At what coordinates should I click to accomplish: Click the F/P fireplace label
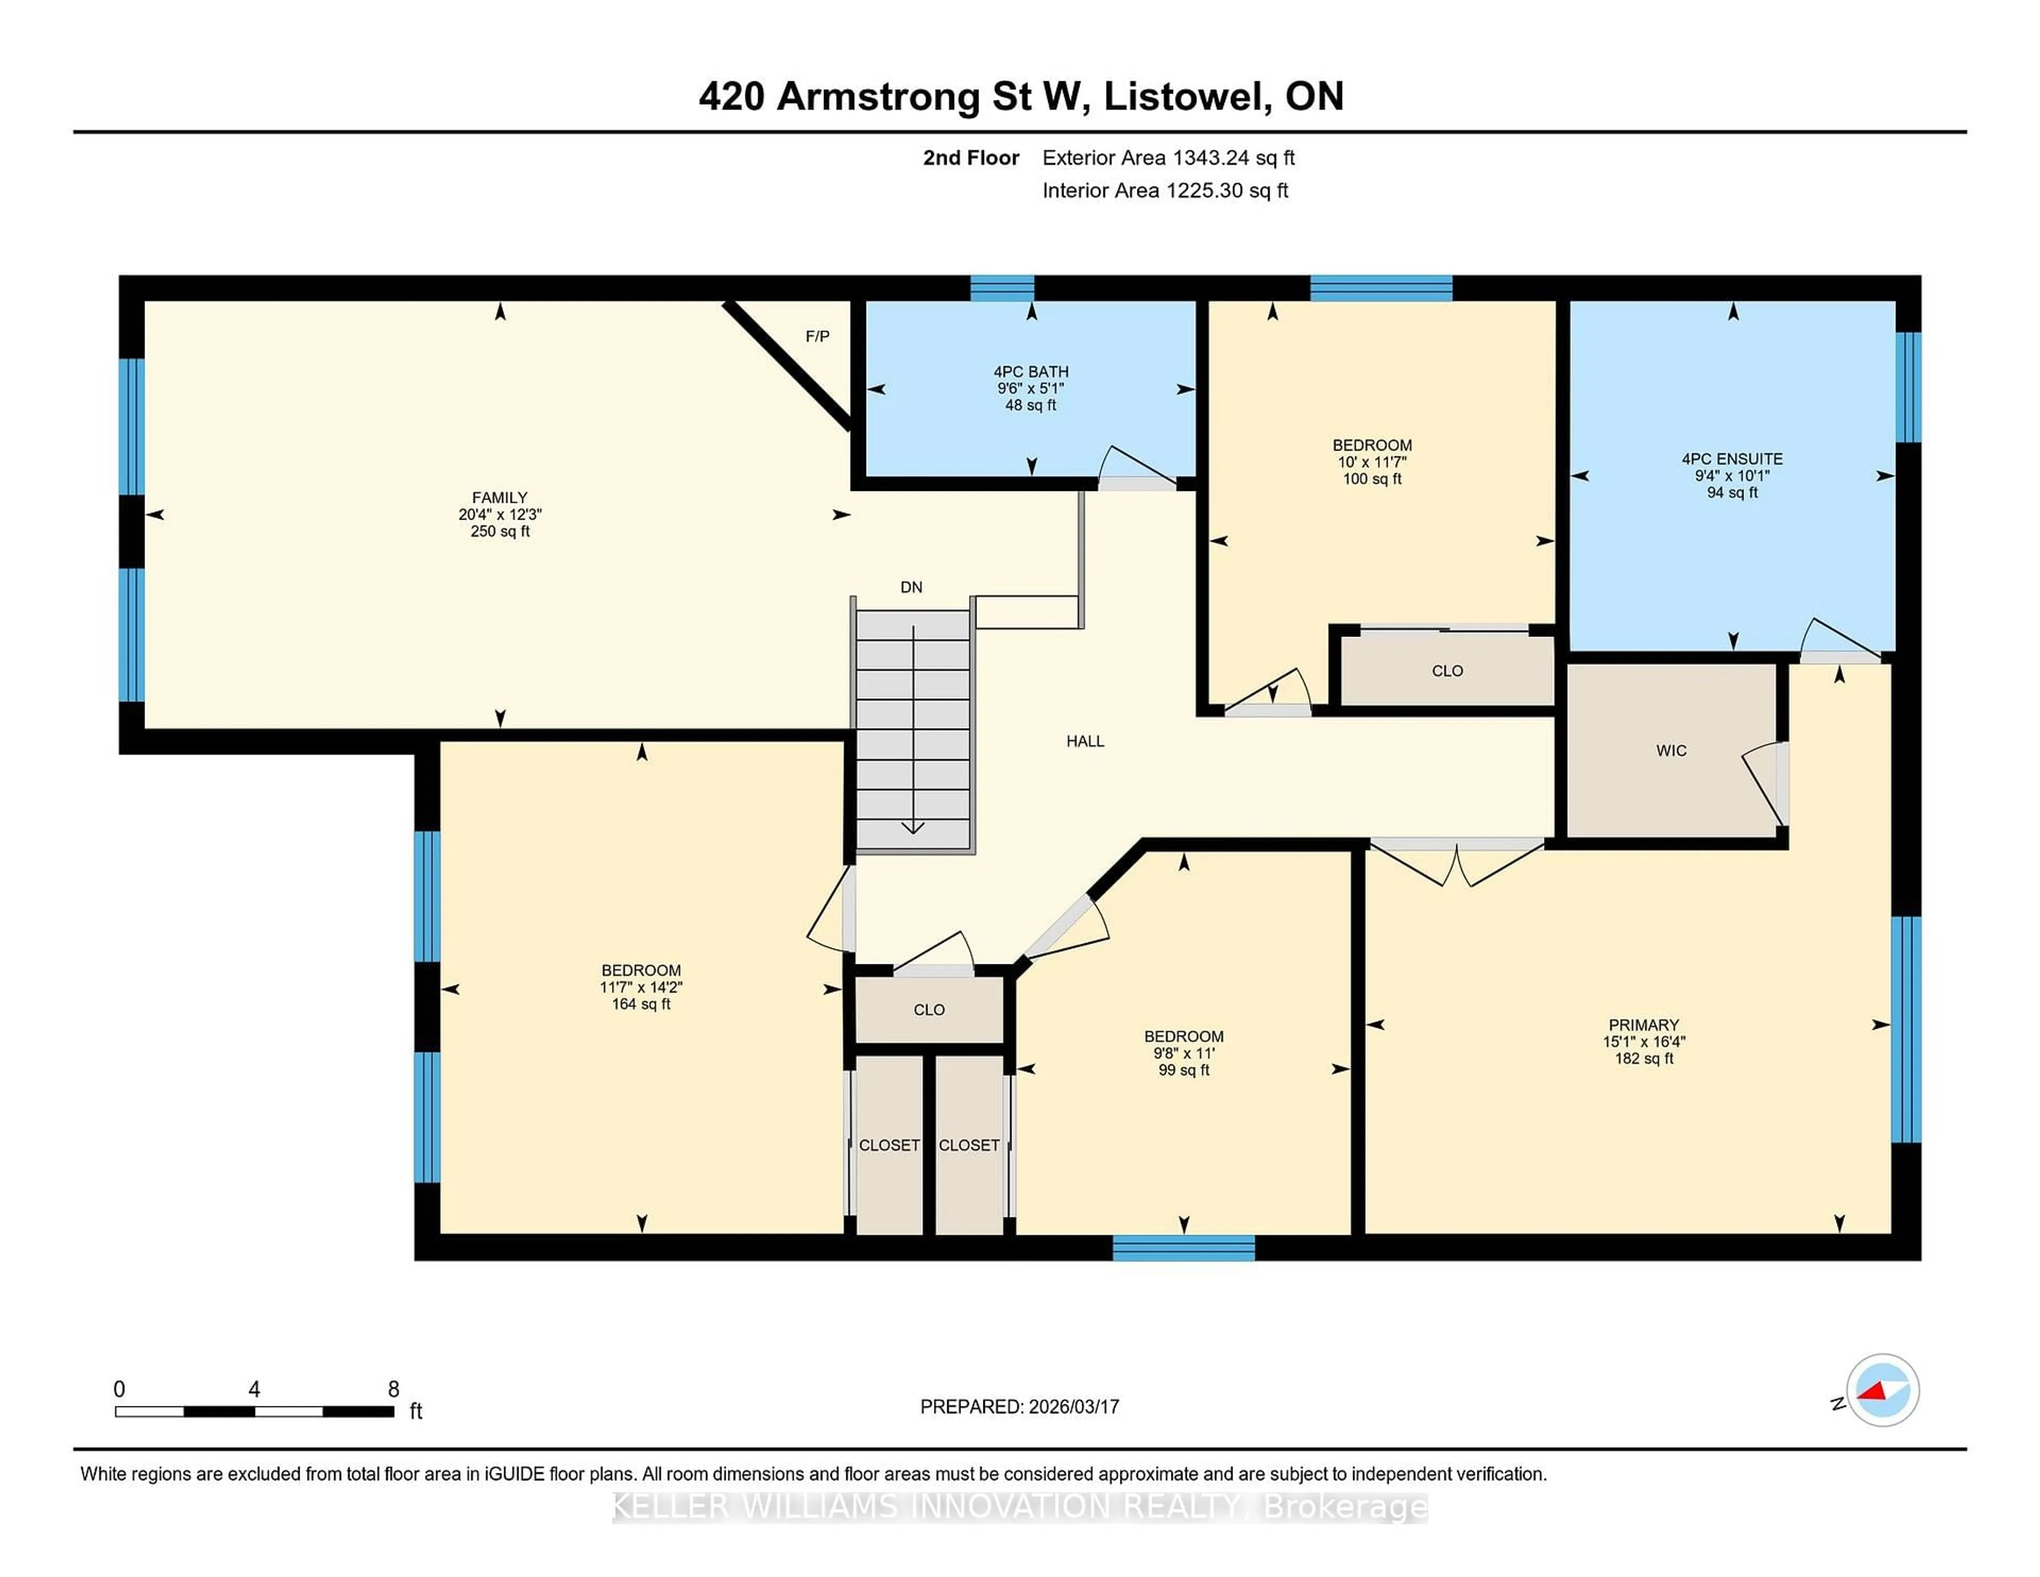coord(817,336)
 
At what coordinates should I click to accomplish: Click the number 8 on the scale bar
coord(393,1389)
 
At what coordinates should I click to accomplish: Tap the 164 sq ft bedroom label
coord(641,1004)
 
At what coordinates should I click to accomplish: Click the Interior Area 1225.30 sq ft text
coord(1165,191)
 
